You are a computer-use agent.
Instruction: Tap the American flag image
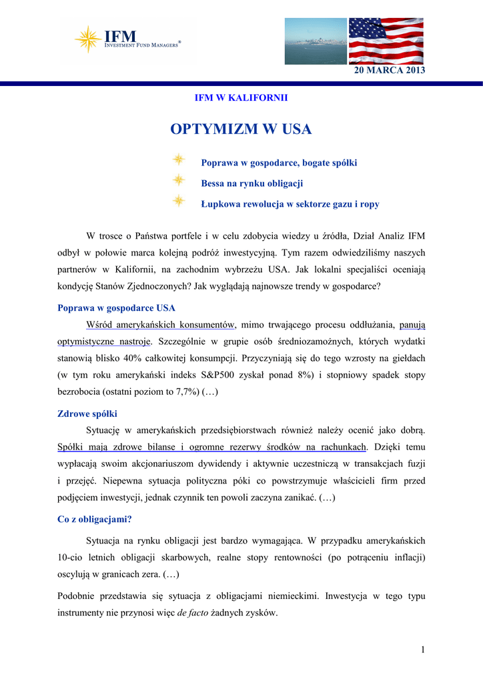[x=386, y=41]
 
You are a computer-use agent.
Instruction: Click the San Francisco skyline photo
[x=316, y=41]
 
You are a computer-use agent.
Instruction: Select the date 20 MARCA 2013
[x=389, y=71]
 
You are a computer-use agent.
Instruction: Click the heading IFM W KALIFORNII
[x=241, y=98]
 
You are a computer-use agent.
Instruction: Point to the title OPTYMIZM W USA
[x=241, y=129]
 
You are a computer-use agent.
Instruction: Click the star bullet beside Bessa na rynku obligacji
[x=178, y=180]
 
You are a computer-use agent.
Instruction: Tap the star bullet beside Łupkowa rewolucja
[x=178, y=201]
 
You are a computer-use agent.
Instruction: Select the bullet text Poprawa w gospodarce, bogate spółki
[x=279, y=163]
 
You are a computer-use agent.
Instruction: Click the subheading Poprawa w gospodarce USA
[x=117, y=308]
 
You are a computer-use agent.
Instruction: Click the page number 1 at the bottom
[x=422, y=650]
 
